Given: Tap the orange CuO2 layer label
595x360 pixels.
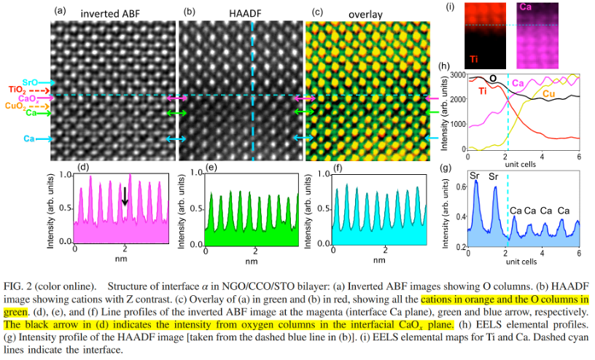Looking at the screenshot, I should pyautogui.click(x=15, y=106).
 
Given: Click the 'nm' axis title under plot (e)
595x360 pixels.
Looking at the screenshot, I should pyautogui.click(x=251, y=259).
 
